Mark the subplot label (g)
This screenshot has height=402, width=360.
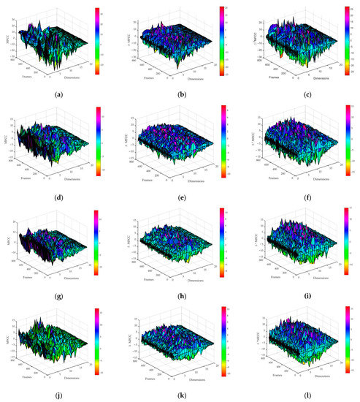pyautogui.click(x=57, y=287)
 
